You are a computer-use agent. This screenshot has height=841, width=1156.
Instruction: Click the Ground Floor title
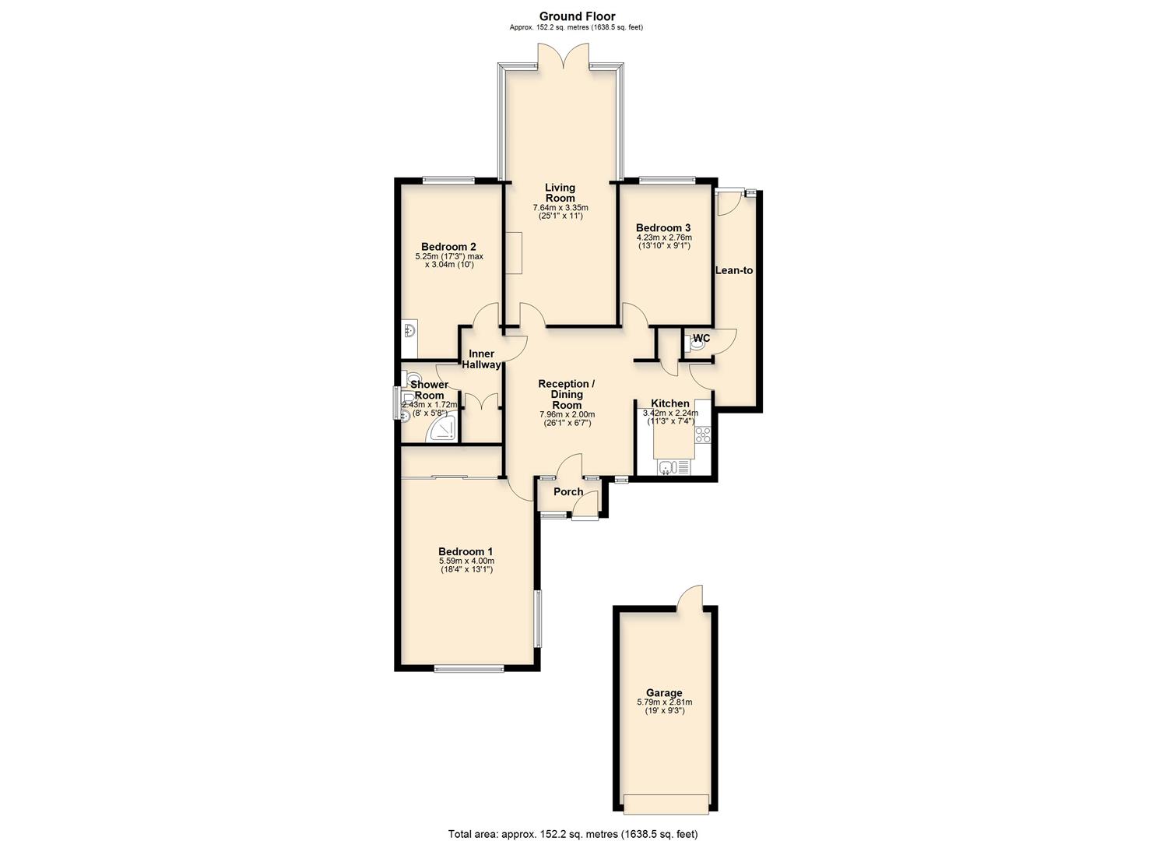[577, 16]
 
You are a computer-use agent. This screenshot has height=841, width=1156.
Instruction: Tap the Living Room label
[560, 192]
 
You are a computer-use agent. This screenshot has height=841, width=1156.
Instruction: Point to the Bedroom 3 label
[663, 228]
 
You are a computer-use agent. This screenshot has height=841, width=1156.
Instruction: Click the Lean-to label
[734, 270]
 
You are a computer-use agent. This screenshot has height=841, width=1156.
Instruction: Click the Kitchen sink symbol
[666, 467]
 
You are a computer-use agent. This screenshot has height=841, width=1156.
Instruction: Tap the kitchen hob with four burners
[703, 435]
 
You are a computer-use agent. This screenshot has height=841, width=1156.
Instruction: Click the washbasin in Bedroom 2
[410, 331]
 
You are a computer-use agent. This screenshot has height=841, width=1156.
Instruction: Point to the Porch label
[568, 491]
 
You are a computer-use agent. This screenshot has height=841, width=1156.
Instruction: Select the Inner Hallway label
[481, 359]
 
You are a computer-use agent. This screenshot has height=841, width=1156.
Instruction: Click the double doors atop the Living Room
[563, 58]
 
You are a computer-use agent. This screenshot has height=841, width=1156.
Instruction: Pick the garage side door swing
[689, 597]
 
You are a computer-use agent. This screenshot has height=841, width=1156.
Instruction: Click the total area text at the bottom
[577, 833]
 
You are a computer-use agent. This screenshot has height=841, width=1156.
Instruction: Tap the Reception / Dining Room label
[567, 394]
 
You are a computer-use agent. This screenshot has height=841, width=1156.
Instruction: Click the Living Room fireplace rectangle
[513, 252]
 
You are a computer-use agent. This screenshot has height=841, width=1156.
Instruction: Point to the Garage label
[663, 693]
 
